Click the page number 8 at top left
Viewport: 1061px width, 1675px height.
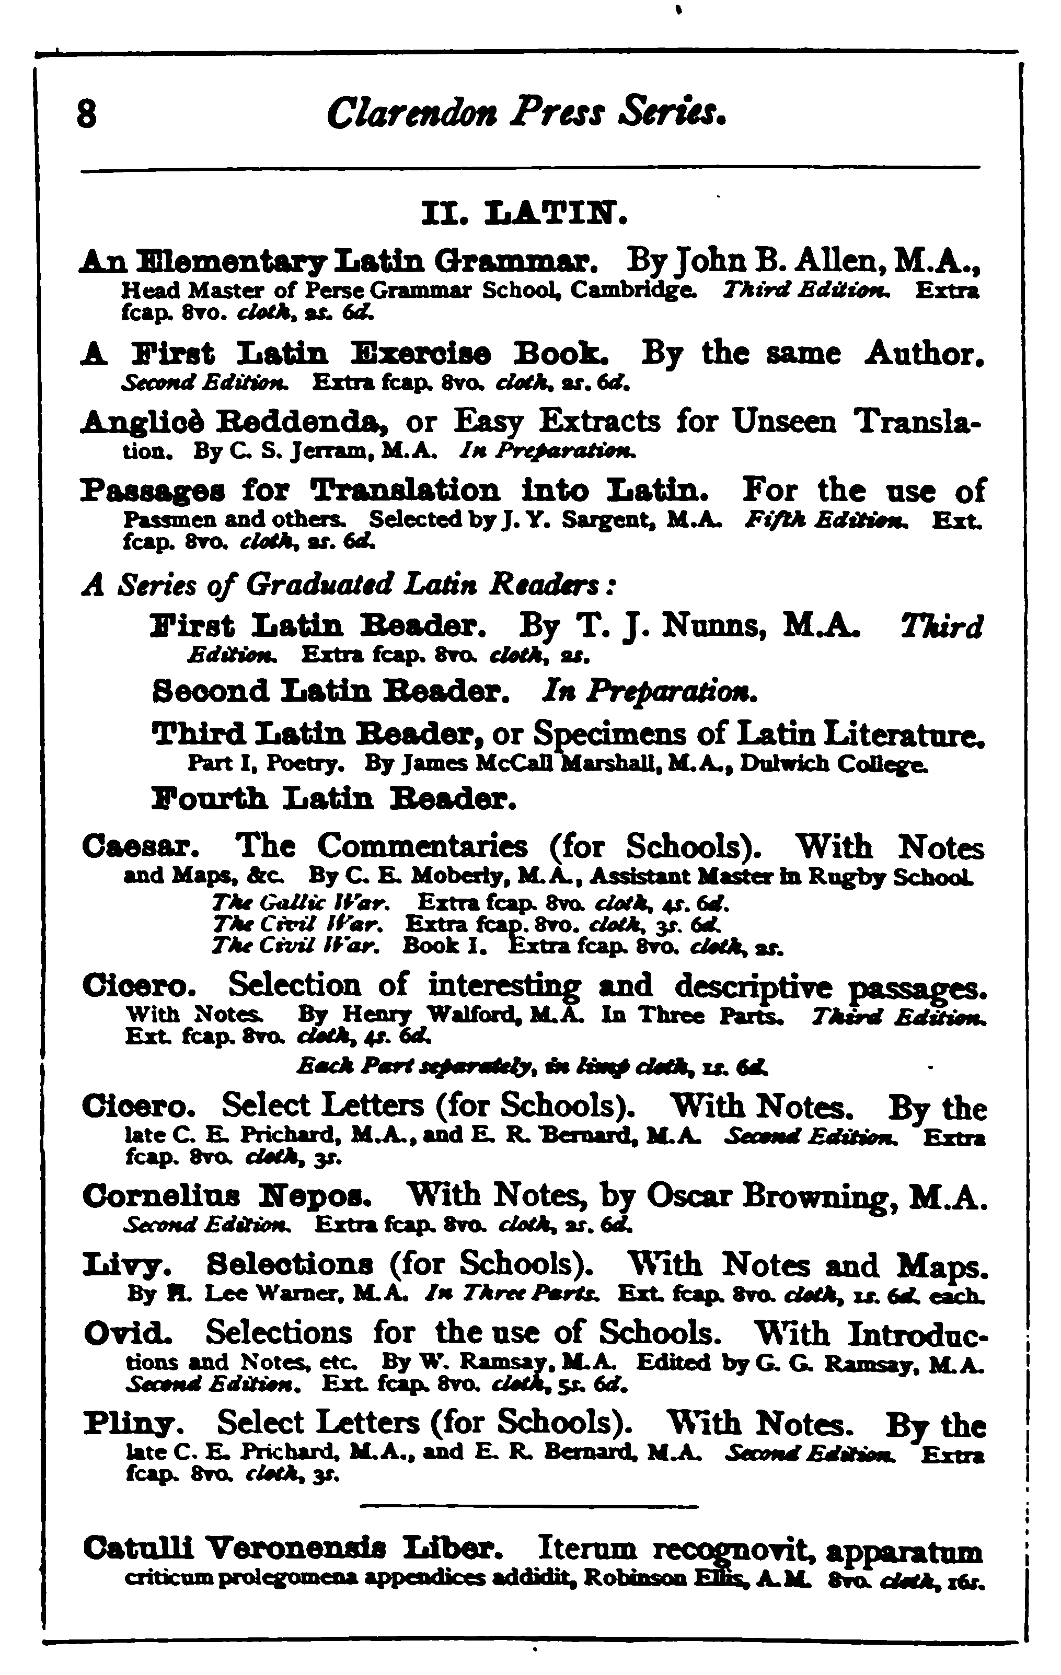coord(86,113)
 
